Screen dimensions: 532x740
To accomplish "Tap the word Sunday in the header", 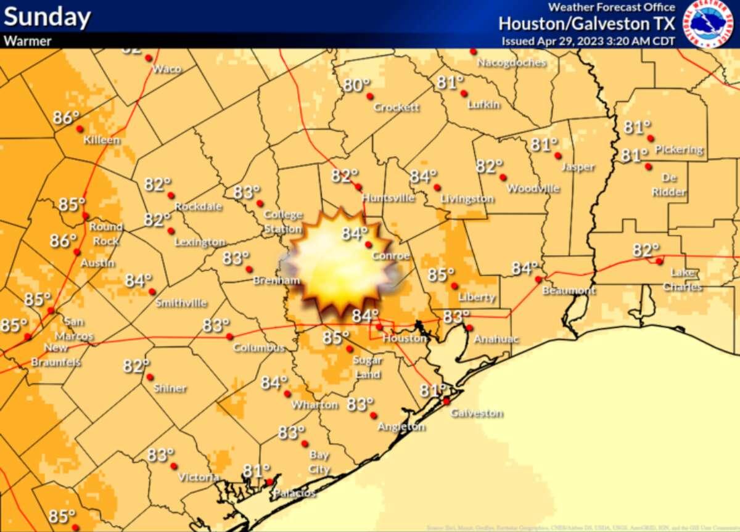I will coord(47,17).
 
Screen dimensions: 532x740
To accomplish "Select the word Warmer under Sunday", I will coord(28,41).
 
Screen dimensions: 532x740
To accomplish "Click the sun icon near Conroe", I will coord(339,262).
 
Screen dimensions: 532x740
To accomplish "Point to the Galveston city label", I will coord(477,413).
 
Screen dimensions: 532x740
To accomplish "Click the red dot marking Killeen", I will coord(80,129).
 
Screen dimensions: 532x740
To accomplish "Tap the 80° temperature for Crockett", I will coord(356,86).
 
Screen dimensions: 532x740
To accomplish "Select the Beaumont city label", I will coord(569,290).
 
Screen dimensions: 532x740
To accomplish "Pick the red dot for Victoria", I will coord(173,465).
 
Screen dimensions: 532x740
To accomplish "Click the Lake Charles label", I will coord(686,279).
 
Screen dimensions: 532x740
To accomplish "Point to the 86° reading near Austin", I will coord(63,240).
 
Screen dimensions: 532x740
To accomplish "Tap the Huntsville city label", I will coord(388,198).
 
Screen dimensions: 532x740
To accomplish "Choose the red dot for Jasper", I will coord(557,155).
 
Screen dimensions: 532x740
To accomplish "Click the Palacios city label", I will coord(295,493).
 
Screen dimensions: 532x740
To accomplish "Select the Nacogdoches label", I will coord(512,63).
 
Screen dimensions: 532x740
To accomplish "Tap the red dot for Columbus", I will coord(229,337).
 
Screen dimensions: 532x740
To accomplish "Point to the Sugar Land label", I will coord(368,367).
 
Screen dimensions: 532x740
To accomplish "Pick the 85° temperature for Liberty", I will coord(441,275).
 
